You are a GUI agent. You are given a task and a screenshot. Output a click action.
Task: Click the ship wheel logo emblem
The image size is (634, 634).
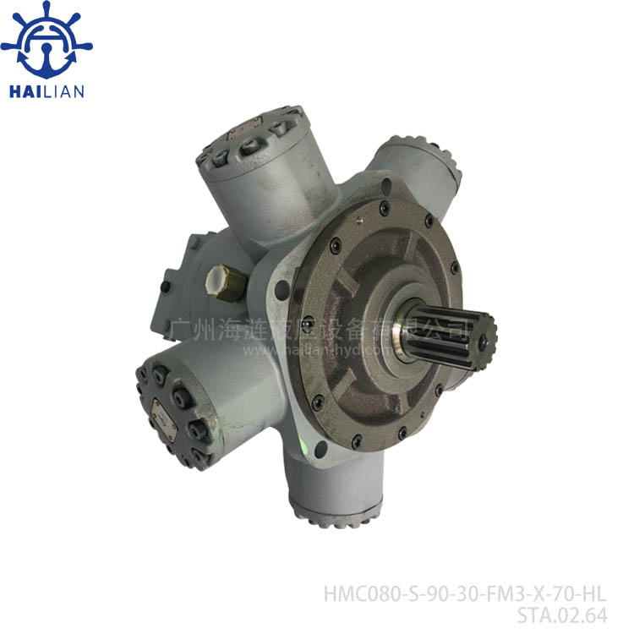[x=46, y=41]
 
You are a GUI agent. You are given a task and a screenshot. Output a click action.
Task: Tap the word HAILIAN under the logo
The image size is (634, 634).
[x=46, y=91]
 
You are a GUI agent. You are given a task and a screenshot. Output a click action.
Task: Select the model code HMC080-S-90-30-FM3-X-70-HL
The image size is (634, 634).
[x=465, y=594]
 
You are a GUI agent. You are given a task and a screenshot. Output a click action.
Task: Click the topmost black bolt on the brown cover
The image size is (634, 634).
[x=385, y=205]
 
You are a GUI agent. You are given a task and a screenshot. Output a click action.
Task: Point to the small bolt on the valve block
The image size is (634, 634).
[x=165, y=287]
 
